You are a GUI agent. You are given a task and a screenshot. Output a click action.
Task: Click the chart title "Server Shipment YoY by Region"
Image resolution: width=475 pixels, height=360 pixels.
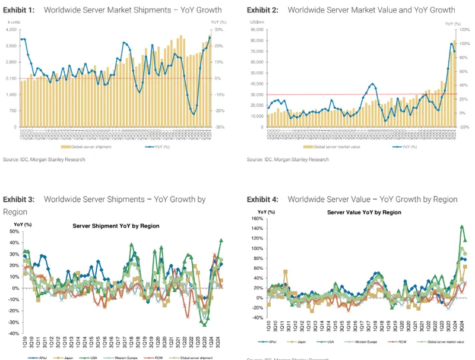click(x=116, y=226)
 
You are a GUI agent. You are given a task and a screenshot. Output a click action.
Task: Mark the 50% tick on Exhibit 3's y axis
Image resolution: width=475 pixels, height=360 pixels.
click(x=13, y=231)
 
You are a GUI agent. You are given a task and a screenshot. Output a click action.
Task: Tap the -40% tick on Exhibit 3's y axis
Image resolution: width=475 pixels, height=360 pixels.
click(x=13, y=334)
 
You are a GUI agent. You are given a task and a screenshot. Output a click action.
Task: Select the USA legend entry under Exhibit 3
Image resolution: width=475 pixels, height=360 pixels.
click(x=91, y=357)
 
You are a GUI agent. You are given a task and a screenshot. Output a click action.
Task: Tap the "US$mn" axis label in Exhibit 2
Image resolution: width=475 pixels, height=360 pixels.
click(x=256, y=22)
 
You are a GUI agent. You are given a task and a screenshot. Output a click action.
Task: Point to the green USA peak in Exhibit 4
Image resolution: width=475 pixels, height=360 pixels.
click(x=462, y=226)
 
